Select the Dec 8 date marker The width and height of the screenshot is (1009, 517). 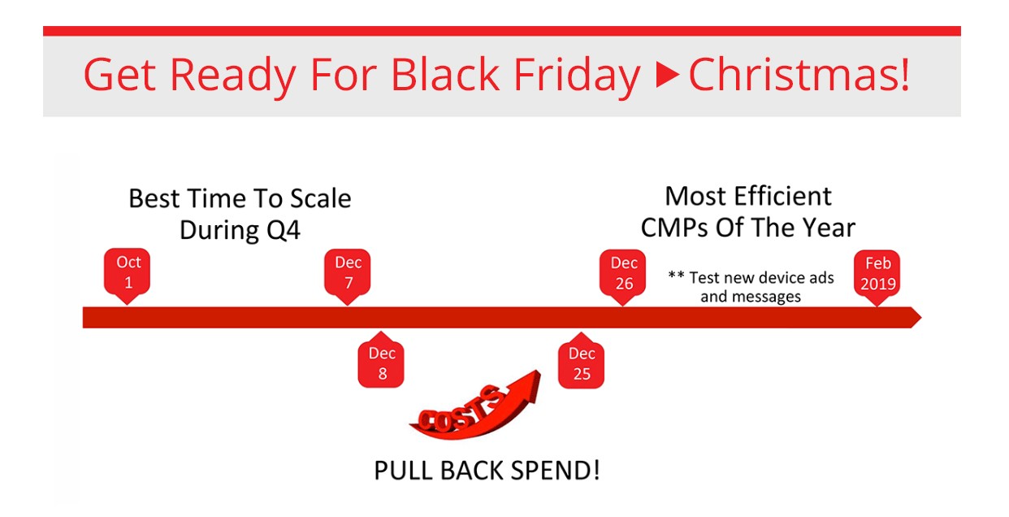381,362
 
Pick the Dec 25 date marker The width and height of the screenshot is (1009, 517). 581,362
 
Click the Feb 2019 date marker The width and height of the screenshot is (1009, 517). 877,276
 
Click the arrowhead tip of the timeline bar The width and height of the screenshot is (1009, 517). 921,318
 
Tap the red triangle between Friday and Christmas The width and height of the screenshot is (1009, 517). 668,74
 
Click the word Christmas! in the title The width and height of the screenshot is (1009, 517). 799,74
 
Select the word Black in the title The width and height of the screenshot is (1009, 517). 445,74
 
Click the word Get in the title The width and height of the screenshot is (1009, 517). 119,75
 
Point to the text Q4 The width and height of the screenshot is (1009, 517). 284,230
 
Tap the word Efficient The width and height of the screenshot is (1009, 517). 782,197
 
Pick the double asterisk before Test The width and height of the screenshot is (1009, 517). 676,275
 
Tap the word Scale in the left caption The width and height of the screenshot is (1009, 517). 320,198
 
